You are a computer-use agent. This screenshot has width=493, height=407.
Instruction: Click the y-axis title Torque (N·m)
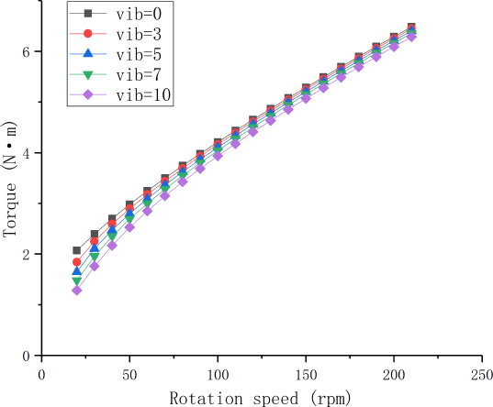click(x=10, y=191)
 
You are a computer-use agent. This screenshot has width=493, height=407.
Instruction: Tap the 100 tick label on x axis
click(x=218, y=375)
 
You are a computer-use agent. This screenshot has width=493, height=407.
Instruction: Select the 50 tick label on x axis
click(x=129, y=375)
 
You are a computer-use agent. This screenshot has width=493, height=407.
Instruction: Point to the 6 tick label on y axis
click(x=28, y=51)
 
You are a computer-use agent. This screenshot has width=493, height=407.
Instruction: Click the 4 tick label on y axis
click(x=28, y=153)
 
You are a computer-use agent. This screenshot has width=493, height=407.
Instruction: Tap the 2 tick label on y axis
click(x=28, y=254)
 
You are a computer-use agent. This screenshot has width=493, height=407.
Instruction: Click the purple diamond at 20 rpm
click(x=77, y=291)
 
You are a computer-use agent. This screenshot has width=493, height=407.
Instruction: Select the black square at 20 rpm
click(x=77, y=250)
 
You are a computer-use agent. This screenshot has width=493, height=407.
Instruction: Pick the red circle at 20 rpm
click(x=77, y=262)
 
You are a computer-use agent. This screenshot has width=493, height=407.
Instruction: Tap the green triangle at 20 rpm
click(x=77, y=281)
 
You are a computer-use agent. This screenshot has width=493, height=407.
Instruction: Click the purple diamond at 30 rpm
click(x=95, y=267)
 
